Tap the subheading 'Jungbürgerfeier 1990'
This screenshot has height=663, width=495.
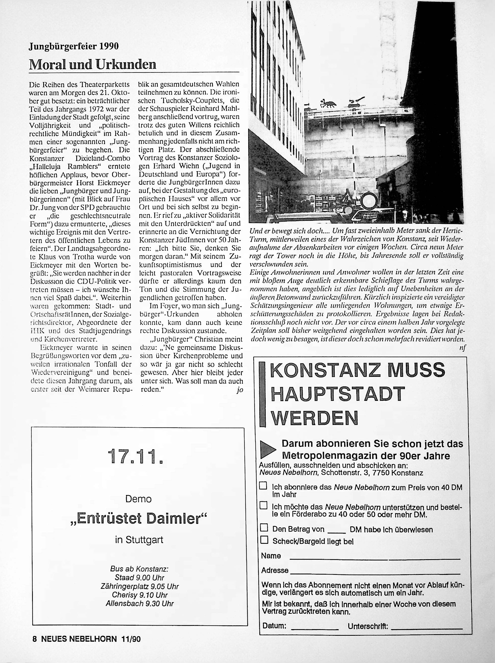click(x=74, y=46)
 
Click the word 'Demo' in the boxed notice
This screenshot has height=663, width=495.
click(x=138, y=499)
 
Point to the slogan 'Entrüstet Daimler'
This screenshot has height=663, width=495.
click(x=138, y=519)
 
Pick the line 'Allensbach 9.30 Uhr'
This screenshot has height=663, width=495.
click(x=140, y=603)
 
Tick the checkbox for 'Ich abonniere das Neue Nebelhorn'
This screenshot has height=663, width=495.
click(x=263, y=486)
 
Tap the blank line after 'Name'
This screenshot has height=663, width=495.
click(x=374, y=558)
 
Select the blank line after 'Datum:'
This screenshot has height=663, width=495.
click(x=314, y=627)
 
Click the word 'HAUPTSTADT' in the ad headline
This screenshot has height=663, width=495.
click(x=338, y=394)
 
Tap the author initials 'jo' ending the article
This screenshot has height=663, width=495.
click(x=239, y=390)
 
